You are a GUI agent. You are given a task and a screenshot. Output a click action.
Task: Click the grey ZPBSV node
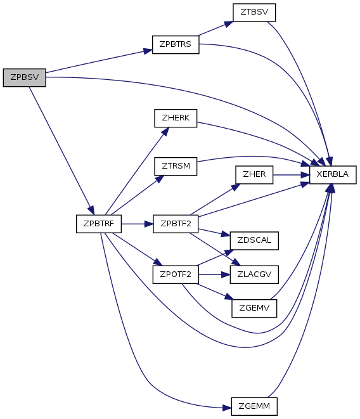pos(24,77)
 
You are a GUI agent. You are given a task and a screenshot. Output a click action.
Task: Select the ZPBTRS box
pos(176,44)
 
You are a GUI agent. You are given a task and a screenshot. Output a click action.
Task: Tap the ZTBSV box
pos(254,13)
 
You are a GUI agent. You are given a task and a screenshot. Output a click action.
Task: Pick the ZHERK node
pos(176,118)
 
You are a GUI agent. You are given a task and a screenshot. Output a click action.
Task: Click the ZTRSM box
pos(176,167)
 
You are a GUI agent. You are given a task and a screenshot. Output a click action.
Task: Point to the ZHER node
pos(254,175)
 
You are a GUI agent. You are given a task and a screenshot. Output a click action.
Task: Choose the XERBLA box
pos(333,175)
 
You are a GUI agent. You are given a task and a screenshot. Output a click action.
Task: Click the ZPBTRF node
pos(99,224)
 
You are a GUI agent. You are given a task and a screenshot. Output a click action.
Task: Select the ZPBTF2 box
pos(176,224)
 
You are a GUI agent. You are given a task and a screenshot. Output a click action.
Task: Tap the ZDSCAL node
pos(254,241)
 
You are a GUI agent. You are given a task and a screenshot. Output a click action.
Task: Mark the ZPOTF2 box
pos(176,274)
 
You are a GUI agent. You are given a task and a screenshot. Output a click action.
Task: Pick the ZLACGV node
pos(254,274)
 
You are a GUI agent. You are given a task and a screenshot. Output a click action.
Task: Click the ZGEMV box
pos(254,308)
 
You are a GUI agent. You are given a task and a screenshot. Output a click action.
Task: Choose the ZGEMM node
pos(254,406)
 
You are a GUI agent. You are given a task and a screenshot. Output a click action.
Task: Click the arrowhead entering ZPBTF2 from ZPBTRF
pos(149,224)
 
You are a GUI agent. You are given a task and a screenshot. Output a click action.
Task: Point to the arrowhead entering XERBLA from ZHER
pos(305,175)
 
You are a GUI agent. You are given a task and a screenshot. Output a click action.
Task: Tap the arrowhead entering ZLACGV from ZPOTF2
pos(226,274)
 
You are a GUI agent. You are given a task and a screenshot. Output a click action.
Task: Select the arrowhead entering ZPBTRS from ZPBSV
pos(148,51)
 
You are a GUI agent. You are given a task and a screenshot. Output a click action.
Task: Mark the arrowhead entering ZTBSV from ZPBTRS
pos(229,24)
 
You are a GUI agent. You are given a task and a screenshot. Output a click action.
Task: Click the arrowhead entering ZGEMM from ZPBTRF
pos(227,408)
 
